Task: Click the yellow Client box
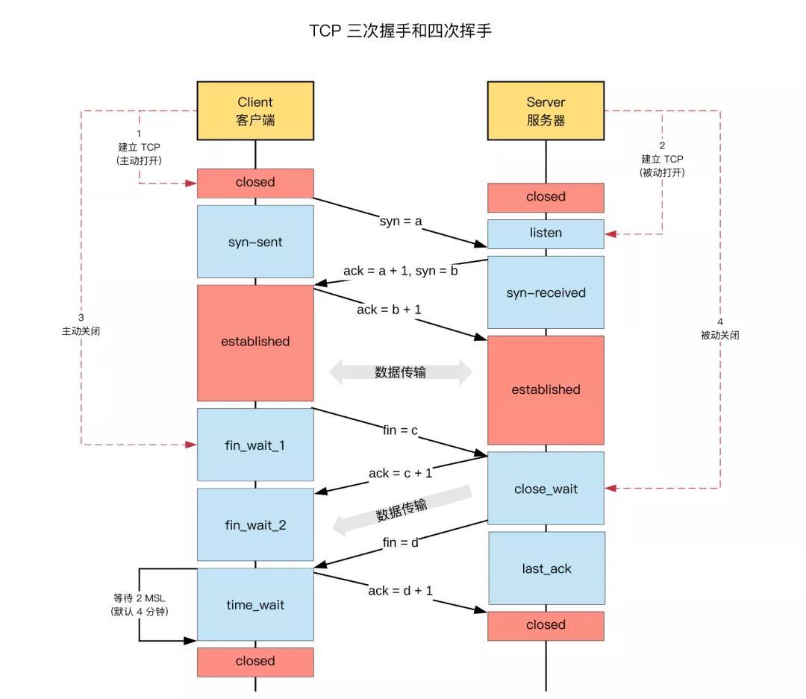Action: click(x=255, y=110)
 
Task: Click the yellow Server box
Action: click(x=546, y=110)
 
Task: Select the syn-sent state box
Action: click(x=255, y=242)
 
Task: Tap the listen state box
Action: click(x=546, y=233)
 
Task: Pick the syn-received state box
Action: click(x=546, y=292)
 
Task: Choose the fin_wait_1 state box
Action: click(x=255, y=445)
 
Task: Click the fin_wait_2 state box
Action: click(x=255, y=524)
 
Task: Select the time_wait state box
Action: click(x=255, y=604)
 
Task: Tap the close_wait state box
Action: click(x=546, y=489)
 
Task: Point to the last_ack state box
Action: click(x=546, y=568)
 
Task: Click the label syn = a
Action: click(x=401, y=221)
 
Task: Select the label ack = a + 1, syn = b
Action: click(x=400, y=271)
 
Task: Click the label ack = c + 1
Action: click(x=400, y=473)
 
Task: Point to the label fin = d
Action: click(x=401, y=542)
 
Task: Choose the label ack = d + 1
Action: click(x=401, y=591)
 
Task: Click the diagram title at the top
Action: click(x=401, y=31)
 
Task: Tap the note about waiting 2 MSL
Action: click(x=139, y=604)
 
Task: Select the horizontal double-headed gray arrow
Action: click(x=401, y=372)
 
